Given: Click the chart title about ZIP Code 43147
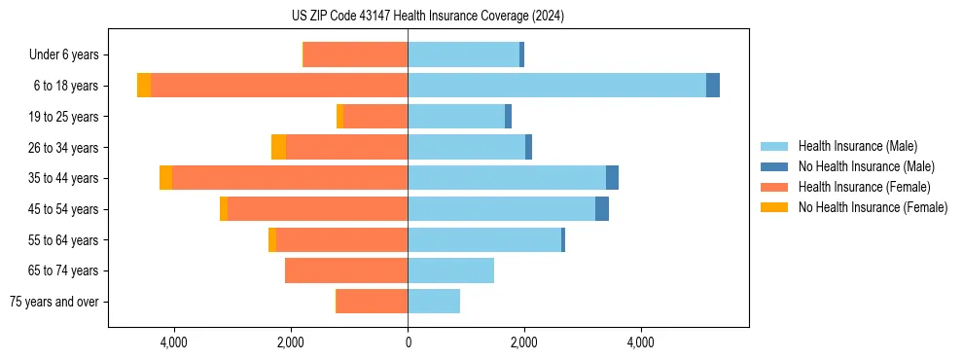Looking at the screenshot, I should point(427,16).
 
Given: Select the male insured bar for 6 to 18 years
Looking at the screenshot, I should point(556,86).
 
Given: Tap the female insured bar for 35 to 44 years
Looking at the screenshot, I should point(289,178).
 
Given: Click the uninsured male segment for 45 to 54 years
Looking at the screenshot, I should point(602,209).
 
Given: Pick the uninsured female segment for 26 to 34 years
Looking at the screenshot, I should point(278,147).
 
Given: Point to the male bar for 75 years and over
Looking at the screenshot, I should point(434,302).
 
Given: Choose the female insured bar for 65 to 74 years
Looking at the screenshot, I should point(346,270).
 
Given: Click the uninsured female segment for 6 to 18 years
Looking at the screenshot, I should point(144,86).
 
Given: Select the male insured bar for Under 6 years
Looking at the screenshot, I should point(463,54).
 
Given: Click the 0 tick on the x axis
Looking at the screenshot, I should point(408,342).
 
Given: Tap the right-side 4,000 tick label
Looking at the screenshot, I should point(640,342).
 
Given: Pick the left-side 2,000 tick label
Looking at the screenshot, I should point(291,342).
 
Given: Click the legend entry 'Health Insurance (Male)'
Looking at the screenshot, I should point(857,147).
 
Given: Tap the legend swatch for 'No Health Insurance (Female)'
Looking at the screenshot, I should point(774,207).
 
